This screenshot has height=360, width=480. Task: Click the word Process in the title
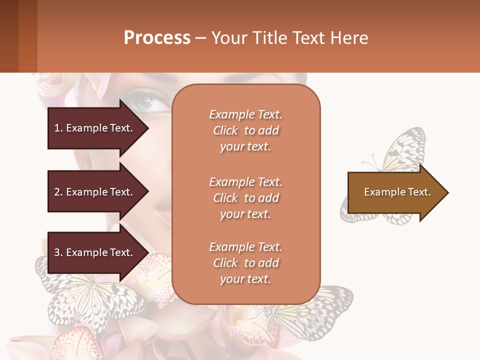(157, 38)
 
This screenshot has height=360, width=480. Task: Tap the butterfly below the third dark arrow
(90, 297)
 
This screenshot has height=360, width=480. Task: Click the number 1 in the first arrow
(57, 128)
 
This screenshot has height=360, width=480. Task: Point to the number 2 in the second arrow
(57, 192)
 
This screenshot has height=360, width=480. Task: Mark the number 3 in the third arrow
(57, 252)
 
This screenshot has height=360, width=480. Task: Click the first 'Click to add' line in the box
(245, 130)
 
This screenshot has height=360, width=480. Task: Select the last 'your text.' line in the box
(245, 279)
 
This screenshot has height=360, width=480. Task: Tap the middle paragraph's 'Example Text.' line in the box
(245, 182)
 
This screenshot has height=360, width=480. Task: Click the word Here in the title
(350, 38)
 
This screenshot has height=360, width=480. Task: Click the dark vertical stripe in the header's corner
(9, 36)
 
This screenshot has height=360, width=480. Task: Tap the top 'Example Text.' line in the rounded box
(245, 114)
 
